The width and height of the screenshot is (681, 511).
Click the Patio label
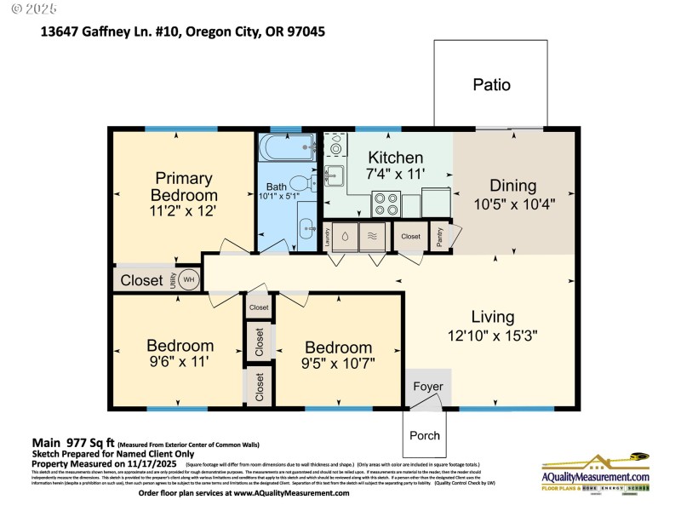[491, 85]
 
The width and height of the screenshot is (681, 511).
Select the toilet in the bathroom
[297, 182]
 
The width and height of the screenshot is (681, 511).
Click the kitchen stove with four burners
[385, 205]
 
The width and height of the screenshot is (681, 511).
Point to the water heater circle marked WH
[188, 279]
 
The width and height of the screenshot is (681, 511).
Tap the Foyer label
[428, 387]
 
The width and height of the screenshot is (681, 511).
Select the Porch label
[425, 435]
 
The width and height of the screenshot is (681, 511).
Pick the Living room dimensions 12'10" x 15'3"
[493, 336]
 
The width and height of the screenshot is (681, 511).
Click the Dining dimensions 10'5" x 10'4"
[513, 204]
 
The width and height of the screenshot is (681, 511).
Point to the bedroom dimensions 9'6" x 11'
[180, 362]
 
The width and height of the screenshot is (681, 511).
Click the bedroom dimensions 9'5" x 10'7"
[339, 364]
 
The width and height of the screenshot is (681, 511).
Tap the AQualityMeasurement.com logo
[596, 473]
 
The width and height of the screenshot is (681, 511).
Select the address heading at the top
[183, 32]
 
